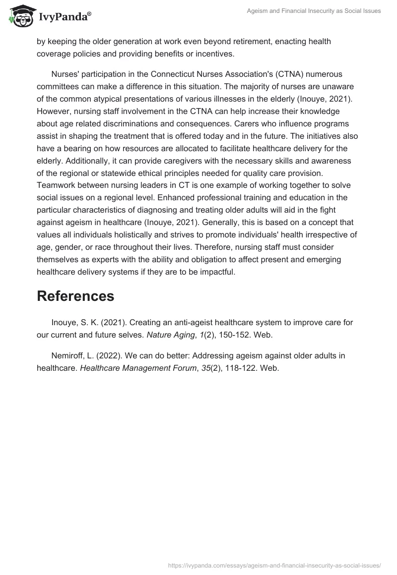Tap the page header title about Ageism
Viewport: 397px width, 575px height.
[x=314, y=11]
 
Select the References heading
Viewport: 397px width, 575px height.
[x=75, y=296]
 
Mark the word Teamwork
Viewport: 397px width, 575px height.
[x=55, y=184]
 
